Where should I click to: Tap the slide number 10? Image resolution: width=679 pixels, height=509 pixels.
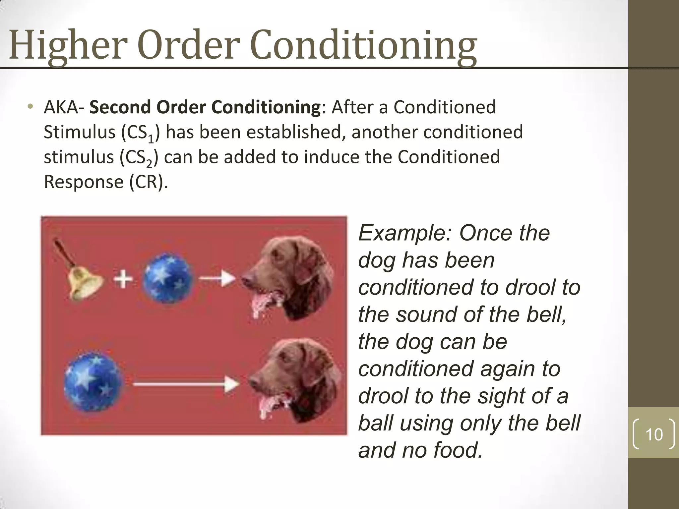(654, 434)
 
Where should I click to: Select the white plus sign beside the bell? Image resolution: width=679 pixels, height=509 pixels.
(123, 279)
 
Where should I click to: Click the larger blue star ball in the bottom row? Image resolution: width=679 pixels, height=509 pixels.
(93, 383)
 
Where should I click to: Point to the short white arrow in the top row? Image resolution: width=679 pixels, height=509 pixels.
(217, 278)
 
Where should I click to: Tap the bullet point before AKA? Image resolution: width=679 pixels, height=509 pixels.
(31, 107)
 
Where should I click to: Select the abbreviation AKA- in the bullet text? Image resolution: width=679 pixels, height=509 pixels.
(64, 107)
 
